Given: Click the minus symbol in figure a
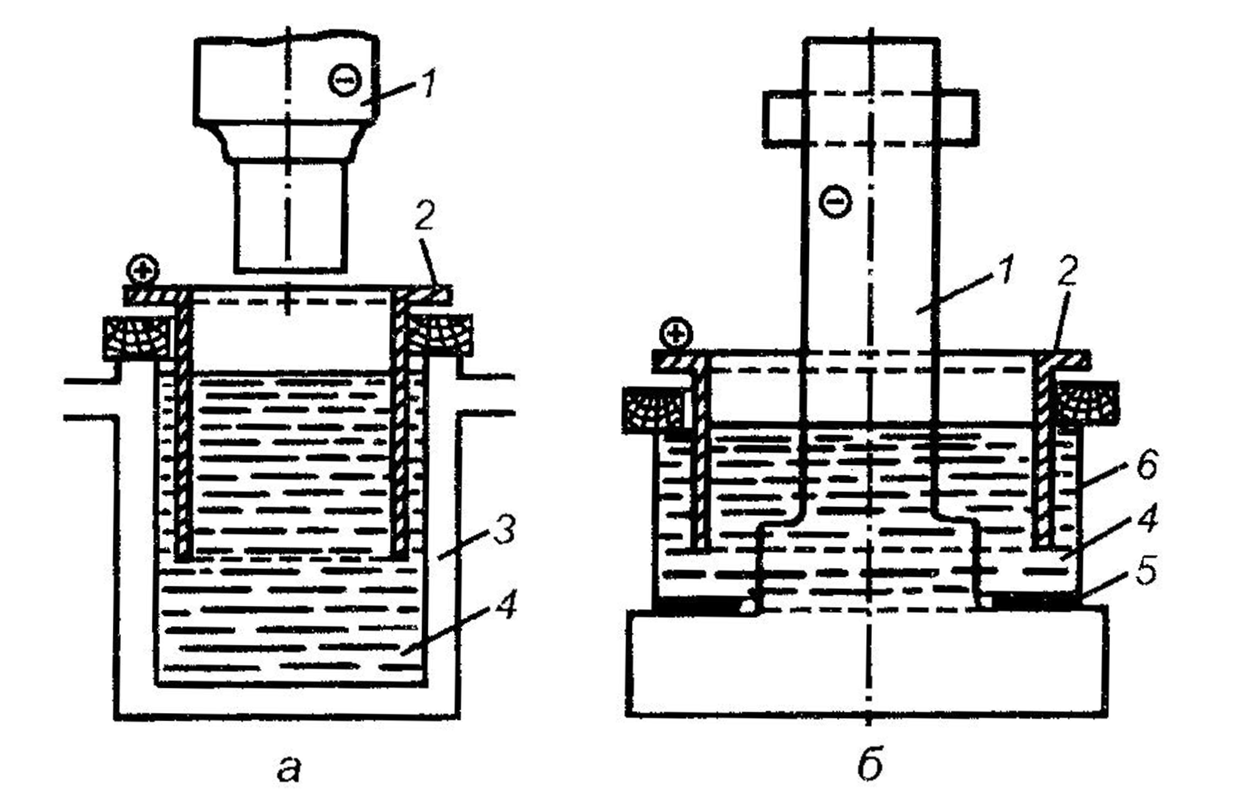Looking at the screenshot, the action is coord(345,81).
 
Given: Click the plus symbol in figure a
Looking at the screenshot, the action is coord(143,270).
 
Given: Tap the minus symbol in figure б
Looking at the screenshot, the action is coord(835,202).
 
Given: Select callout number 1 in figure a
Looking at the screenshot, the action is coord(428,84).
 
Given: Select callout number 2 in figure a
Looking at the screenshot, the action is coord(425,216).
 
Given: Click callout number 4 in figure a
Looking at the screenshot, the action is coord(504,602).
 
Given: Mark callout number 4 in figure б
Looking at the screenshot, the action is coord(1147,520).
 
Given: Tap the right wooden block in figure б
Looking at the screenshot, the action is coord(1089,402).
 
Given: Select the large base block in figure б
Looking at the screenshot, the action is coord(867,661).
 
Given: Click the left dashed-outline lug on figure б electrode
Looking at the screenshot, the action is coord(783,119).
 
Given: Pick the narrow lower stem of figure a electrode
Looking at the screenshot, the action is coord(290,217).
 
